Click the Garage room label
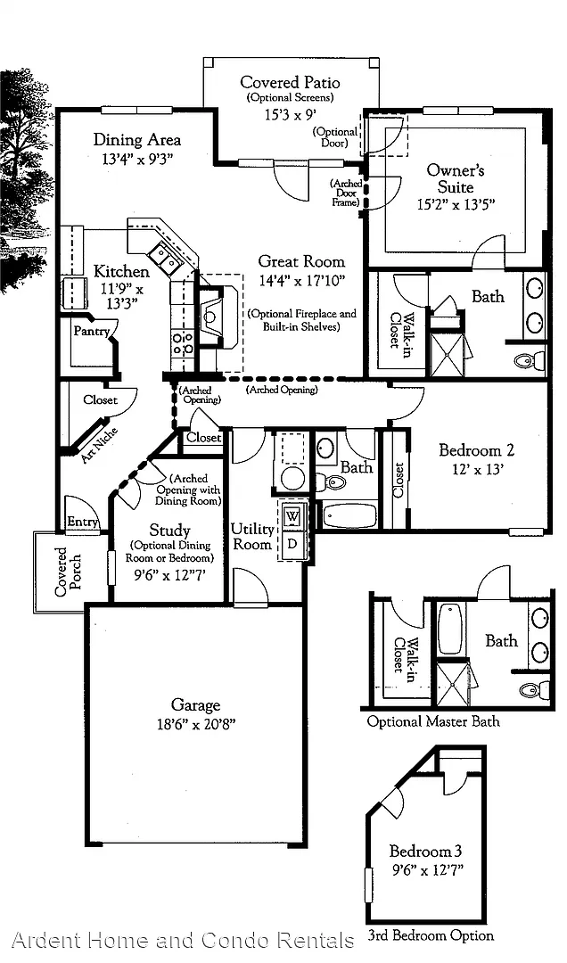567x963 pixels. [195, 705]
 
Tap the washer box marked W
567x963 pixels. [292, 515]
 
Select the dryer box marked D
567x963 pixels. [292, 544]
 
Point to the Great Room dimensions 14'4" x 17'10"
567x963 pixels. [301, 280]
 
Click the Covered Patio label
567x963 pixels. [290, 82]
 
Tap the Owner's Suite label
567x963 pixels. [456, 178]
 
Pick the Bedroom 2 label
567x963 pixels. [477, 450]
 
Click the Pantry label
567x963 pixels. [91, 332]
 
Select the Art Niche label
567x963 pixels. [99, 445]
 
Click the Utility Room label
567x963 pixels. [252, 536]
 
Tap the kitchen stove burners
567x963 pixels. [183, 342]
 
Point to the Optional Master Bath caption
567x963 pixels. [433, 721]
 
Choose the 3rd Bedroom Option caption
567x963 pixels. [431, 935]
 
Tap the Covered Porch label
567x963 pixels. [68, 572]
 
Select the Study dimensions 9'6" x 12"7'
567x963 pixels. [169, 575]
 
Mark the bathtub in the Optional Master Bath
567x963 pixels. [449, 629]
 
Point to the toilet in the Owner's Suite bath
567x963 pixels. [530, 359]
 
